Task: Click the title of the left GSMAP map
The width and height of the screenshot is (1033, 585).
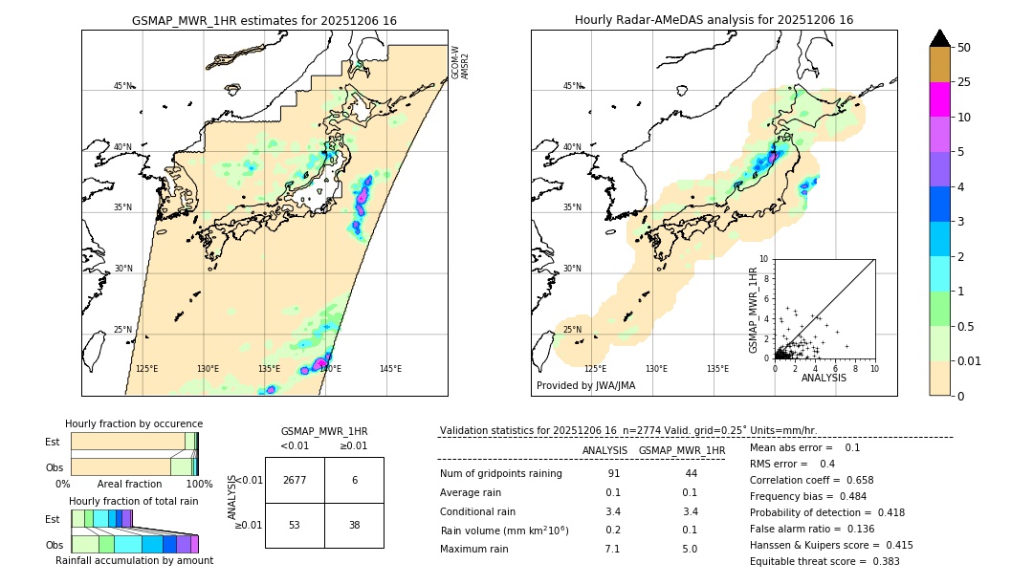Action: click(264, 20)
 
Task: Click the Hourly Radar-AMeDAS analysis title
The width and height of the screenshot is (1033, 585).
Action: click(714, 20)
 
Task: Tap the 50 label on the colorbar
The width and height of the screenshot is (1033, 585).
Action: click(964, 48)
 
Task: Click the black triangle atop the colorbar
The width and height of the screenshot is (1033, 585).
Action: click(940, 38)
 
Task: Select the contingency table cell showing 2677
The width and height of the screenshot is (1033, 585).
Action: click(295, 480)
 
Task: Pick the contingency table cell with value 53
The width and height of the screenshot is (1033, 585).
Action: click(295, 525)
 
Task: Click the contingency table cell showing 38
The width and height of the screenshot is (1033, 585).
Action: click(354, 525)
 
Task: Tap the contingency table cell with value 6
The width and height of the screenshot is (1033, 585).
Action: click(354, 480)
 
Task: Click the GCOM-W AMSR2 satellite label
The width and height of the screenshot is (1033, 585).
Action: click(460, 61)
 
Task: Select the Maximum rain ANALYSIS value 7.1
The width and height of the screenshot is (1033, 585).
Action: click(612, 549)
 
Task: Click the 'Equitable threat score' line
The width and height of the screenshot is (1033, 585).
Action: click(824, 561)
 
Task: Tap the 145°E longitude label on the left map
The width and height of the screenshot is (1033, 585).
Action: click(390, 369)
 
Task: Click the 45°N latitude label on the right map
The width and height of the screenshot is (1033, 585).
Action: click(572, 86)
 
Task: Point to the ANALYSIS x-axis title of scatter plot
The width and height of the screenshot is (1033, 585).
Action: click(824, 378)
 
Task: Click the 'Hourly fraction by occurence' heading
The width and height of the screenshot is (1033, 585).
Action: click(134, 423)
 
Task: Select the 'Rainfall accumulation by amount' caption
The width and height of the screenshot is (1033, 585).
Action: click(134, 560)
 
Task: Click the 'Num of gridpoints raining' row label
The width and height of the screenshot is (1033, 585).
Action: click(501, 474)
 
